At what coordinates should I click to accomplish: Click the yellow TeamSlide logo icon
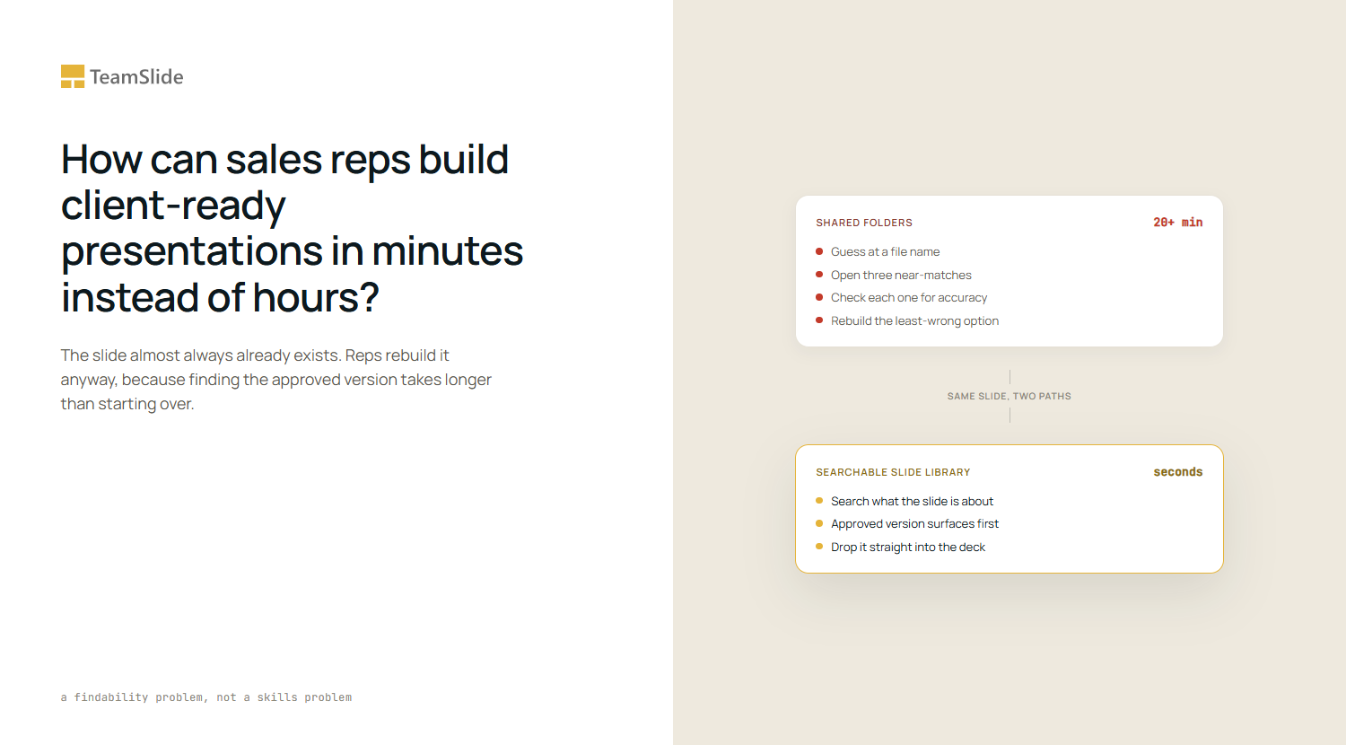coord(73,76)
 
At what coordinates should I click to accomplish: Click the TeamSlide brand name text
coord(136,77)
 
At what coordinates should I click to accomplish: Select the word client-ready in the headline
coord(173,205)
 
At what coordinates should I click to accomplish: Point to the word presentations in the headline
coord(192,250)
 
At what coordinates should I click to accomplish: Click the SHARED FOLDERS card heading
coord(864,223)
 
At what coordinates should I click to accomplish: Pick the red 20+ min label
coord(1177,223)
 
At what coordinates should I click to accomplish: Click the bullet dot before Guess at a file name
coord(819,251)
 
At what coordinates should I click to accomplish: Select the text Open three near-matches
coord(901,275)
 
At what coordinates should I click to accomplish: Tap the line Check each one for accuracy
coord(908,298)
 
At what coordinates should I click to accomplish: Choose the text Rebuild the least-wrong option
coord(914,321)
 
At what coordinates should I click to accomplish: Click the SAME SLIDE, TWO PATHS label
coord(1009,396)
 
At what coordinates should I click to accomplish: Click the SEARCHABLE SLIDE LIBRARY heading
coord(893,473)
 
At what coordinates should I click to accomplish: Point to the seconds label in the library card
coord(1177,472)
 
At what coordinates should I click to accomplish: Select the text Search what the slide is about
coord(912,502)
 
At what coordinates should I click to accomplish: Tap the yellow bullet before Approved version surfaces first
coord(819,523)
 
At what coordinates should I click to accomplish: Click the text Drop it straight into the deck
coord(908,548)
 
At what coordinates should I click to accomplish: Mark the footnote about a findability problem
coord(206,697)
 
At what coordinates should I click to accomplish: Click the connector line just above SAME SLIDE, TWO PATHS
coord(1010,377)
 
